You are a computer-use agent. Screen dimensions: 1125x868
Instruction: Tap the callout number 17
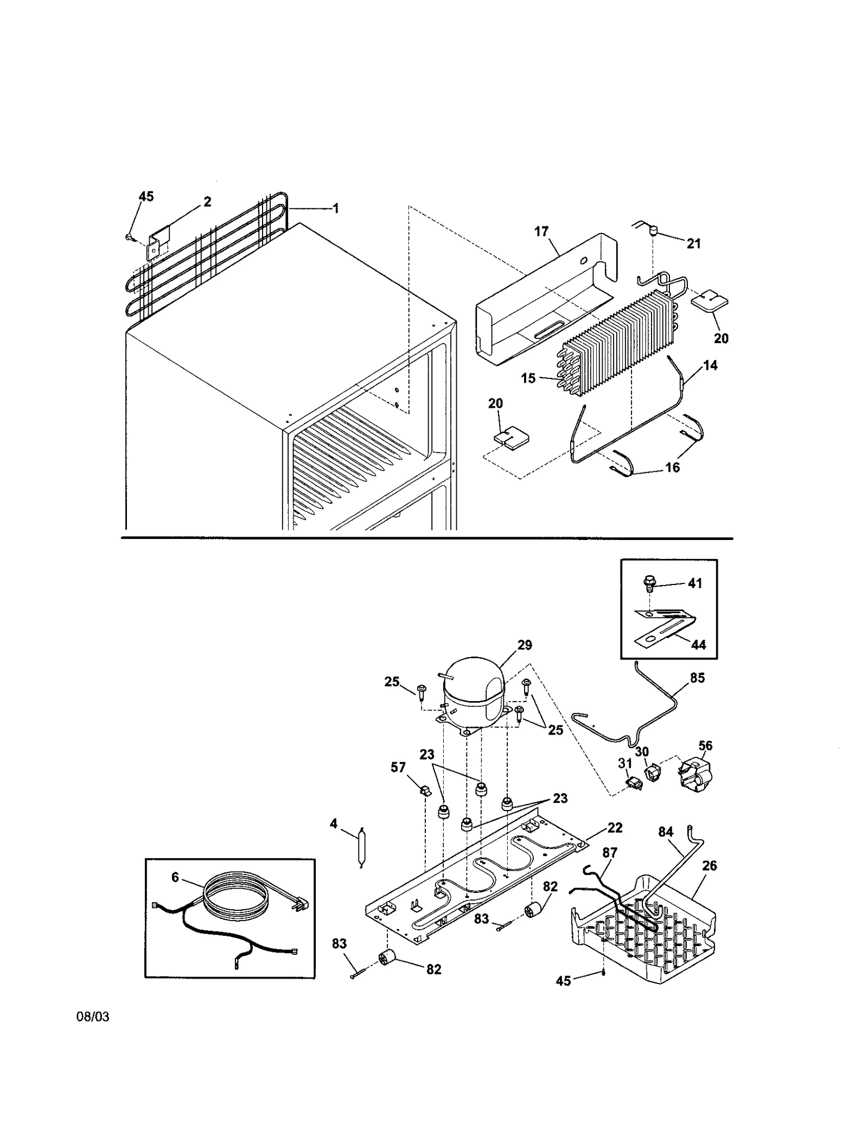(x=541, y=232)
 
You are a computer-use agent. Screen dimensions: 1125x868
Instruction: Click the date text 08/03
(x=93, y=1017)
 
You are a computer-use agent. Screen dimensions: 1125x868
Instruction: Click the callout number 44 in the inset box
(x=698, y=645)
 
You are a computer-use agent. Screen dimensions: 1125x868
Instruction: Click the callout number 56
(x=705, y=745)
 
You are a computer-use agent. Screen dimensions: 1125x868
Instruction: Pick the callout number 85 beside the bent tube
(x=697, y=678)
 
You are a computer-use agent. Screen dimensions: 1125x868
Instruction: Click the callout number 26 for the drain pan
(x=709, y=866)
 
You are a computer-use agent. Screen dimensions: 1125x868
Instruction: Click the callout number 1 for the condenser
(x=336, y=208)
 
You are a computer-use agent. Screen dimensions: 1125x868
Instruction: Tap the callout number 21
(x=693, y=244)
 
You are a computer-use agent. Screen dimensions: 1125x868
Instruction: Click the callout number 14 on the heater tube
(x=710, y=365)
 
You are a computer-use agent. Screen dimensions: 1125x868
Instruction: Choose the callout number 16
(x=672, y=467)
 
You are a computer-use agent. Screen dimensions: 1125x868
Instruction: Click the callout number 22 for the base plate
(x=615, y=827)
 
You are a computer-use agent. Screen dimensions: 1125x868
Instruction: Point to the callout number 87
(x=610, y=853)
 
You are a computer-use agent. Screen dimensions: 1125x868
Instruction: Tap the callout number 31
(x=625, y=763)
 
